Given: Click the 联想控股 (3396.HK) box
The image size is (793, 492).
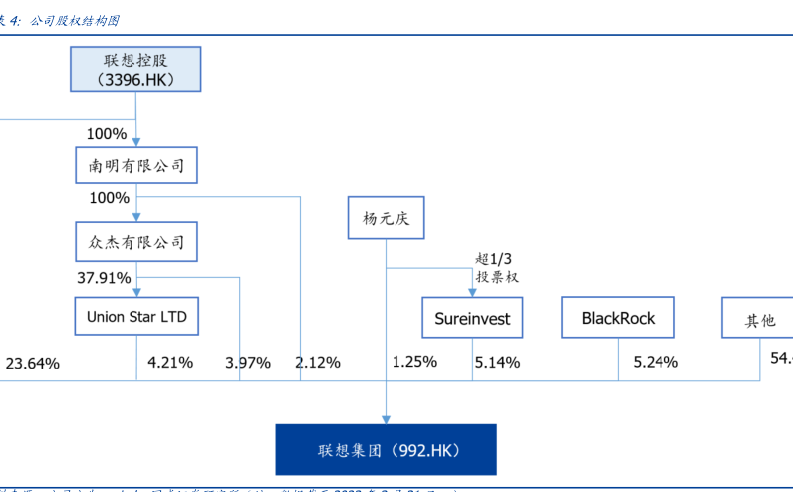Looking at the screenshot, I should (135, 70).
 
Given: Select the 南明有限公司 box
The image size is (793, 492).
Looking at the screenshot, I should (136, 165).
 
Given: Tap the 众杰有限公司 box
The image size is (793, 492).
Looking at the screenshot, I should (136, 241).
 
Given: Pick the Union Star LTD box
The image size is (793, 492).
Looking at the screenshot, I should (136, 318).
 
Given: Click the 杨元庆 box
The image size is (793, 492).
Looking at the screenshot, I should (386, 218).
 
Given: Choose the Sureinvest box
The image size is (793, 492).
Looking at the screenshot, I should (472, 319).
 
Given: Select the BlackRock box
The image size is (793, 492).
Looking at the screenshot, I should (618, 319).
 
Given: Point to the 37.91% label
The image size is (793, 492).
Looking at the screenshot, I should (104, 277).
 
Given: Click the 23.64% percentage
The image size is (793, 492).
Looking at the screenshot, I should (33, 363).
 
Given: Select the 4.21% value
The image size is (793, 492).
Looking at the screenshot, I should (169, 362).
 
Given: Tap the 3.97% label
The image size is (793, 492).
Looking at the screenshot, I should (248, 363).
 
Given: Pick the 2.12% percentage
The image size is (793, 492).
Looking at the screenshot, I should (318, 363).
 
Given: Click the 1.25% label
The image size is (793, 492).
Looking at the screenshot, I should (414, 362).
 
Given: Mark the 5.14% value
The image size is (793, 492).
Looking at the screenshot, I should (497, 363).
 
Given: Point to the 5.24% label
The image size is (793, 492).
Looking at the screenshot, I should (656, 363).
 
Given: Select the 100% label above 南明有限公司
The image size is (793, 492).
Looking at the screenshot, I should (107, 133).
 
